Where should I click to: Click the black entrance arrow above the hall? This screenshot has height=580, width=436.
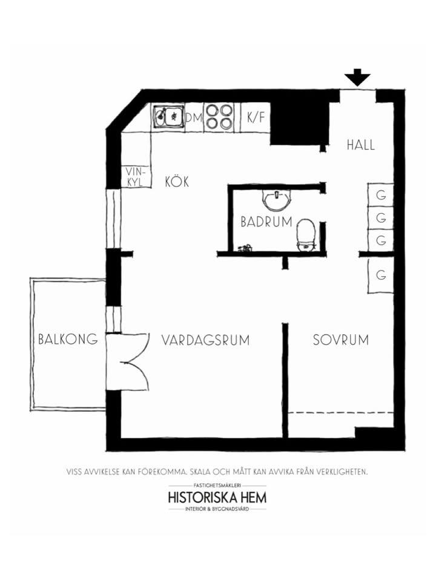[357, 77]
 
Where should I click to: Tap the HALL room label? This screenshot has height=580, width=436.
[360, 145]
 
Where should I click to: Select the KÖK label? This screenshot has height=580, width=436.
[177, 182]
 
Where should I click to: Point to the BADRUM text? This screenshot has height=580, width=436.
[266, 222]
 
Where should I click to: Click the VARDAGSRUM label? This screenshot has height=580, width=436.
[205, 340]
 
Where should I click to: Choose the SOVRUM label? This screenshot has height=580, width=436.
[340, 340]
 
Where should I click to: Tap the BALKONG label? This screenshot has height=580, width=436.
[68, 338]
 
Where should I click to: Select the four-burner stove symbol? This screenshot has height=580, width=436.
[219, 116]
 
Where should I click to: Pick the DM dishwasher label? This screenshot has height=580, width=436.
[194, 117]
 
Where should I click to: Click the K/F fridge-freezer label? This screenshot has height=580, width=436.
[256, 117]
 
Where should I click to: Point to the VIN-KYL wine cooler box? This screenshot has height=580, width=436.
[136, 176]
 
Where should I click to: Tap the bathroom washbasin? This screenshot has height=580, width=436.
[277, 199]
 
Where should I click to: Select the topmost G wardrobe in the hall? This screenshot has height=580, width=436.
[381, 194]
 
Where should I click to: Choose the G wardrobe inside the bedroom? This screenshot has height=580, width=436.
[381, 275]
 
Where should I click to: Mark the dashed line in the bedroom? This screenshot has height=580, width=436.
[340, 412]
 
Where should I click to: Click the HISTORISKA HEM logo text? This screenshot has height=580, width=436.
[217, 497]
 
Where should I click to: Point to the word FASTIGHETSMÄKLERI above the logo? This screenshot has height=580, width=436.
[217, 485]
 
